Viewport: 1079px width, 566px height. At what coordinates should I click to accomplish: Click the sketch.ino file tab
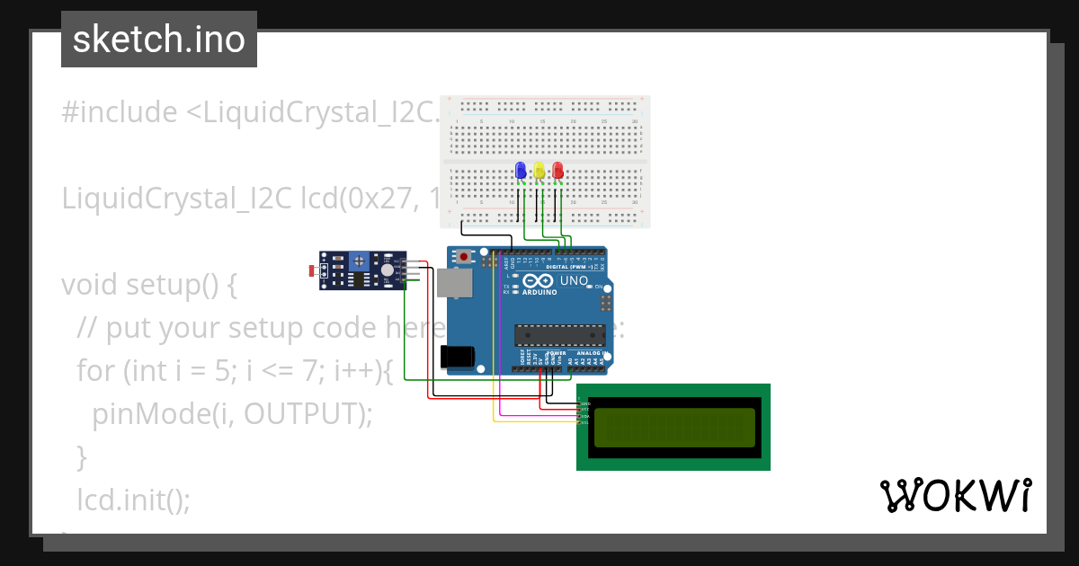tap(158, 40)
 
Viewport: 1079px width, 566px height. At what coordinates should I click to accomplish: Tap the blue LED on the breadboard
tap(520, 170)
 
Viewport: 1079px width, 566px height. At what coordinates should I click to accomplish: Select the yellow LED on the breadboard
tap(539, 170)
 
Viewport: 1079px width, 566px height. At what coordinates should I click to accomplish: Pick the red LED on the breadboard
tap(557, 170)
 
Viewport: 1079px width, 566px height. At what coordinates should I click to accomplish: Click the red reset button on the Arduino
tap(463, 256)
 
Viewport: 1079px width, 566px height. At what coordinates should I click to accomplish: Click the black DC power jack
tap(458, 357)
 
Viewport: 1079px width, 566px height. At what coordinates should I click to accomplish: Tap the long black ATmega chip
tap(559, 335)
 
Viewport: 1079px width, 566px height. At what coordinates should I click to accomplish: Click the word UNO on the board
tap(574, 281)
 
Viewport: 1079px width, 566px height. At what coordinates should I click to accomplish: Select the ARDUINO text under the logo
tap(538, 292)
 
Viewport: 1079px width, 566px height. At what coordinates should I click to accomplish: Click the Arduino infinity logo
tap(539, 281)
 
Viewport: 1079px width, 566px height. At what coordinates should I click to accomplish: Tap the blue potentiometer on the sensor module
tap(360, 261)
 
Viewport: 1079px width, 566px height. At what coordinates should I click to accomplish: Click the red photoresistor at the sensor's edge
tap(312, 270)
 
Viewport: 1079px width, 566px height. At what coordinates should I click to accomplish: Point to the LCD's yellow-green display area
tap(673, 427)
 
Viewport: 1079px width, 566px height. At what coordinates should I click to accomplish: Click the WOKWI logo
tap(955, 496)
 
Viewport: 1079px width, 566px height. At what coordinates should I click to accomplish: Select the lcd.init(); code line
tap(134, 500)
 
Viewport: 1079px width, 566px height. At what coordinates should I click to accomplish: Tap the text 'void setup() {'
tap(149, 285)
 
